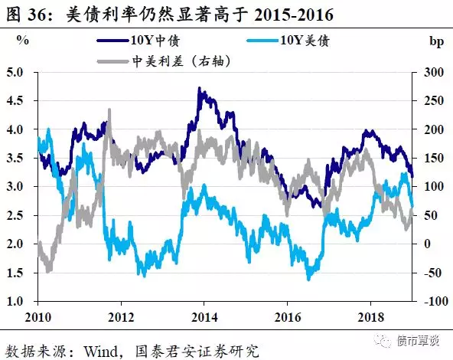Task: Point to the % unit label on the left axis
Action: tap(23, 39)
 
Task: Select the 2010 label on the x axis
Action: tap(37, 316)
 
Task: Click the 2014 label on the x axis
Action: tap(203, 316)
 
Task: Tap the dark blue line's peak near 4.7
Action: tap(200, 90)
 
